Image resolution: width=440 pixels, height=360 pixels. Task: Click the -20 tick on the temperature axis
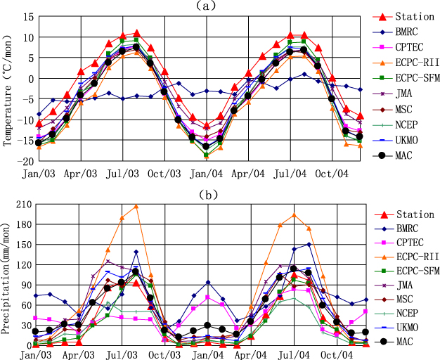click(22, 160)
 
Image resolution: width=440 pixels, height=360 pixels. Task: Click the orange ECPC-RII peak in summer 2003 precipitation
click(136, 206)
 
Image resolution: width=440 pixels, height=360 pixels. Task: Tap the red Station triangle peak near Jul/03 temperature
click(136, 32)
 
